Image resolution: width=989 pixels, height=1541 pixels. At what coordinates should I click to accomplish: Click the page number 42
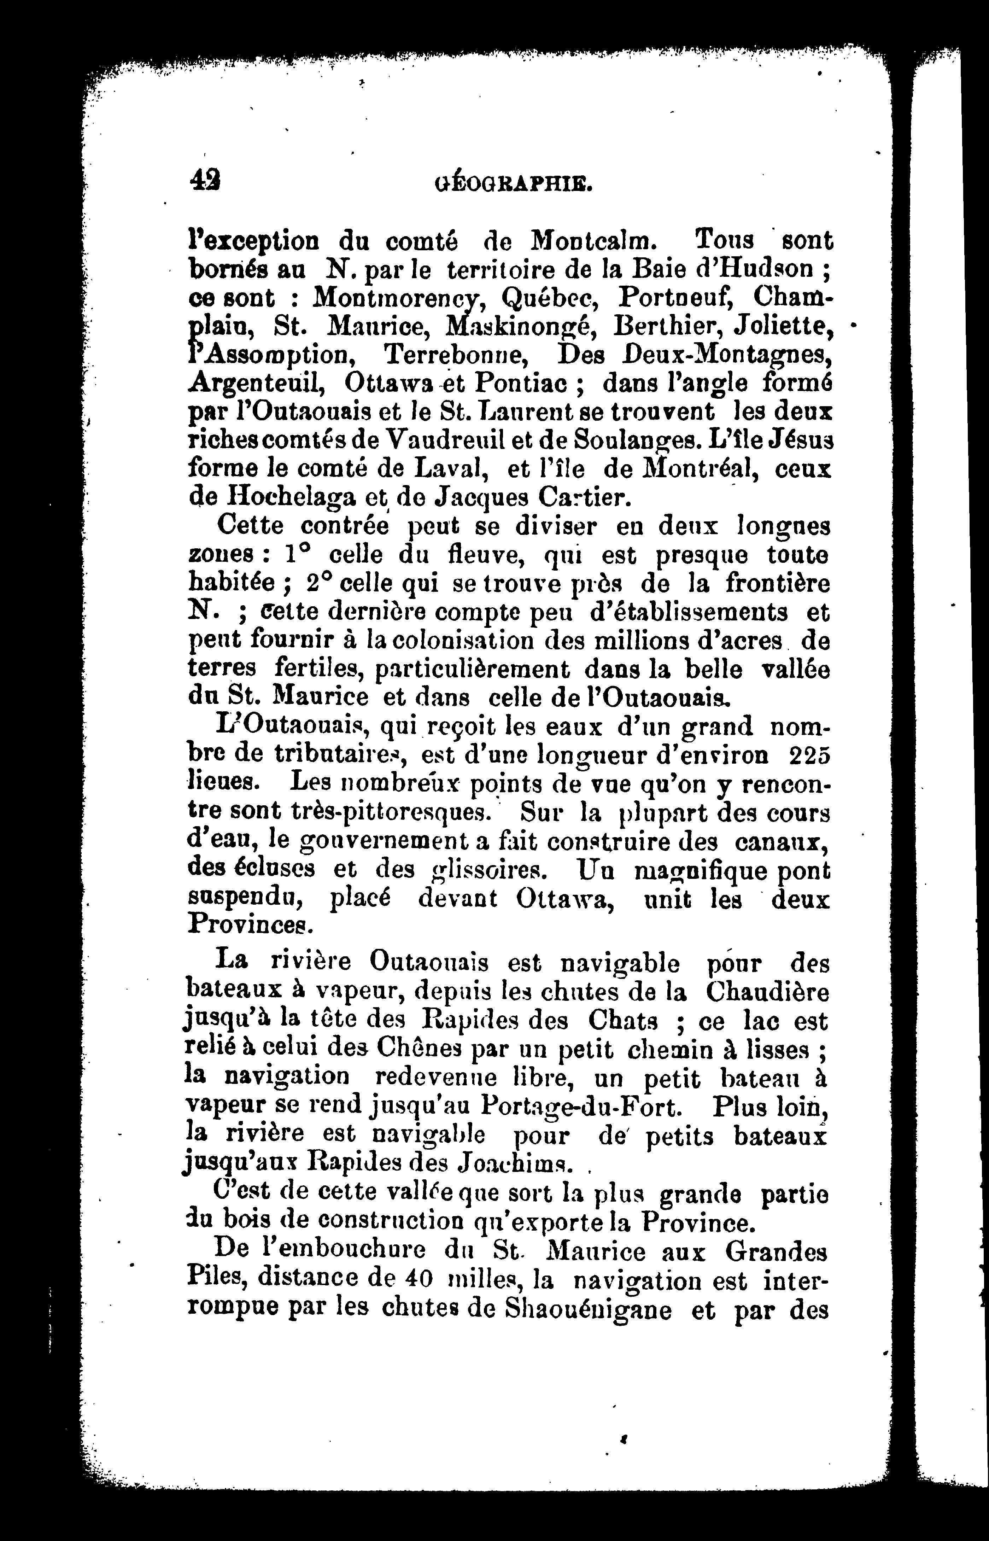pos(205,181)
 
